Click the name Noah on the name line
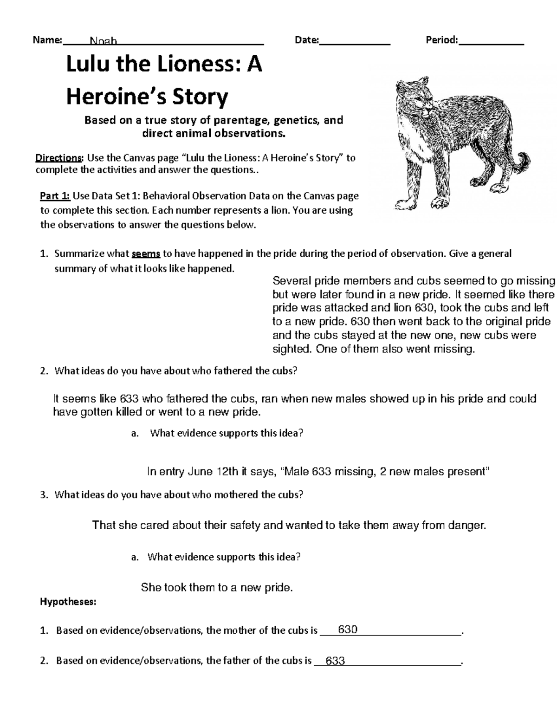point(104,41)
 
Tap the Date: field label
point(306,40)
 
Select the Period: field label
point(441,40)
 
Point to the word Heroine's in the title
point(116,97)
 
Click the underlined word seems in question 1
point(146,254)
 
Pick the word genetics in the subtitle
point(296,120)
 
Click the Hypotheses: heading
point(68,602)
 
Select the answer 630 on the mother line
point(348,630)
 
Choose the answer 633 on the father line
point(335,661)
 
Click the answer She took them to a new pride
point(217,588)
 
